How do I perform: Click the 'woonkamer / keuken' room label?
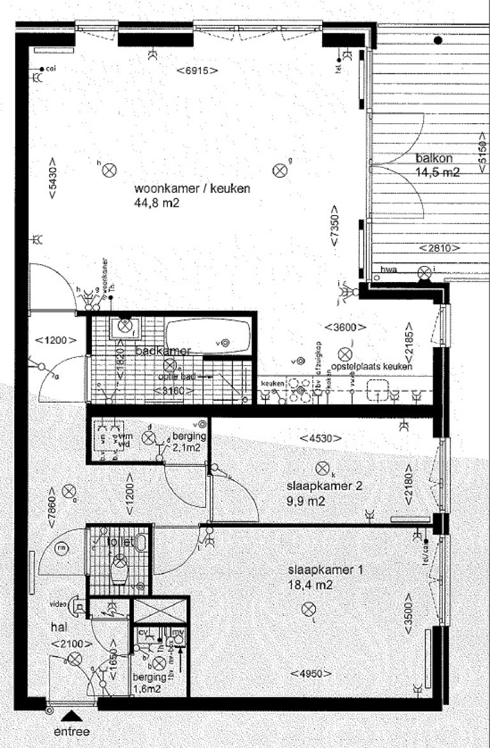click(192, 189)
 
